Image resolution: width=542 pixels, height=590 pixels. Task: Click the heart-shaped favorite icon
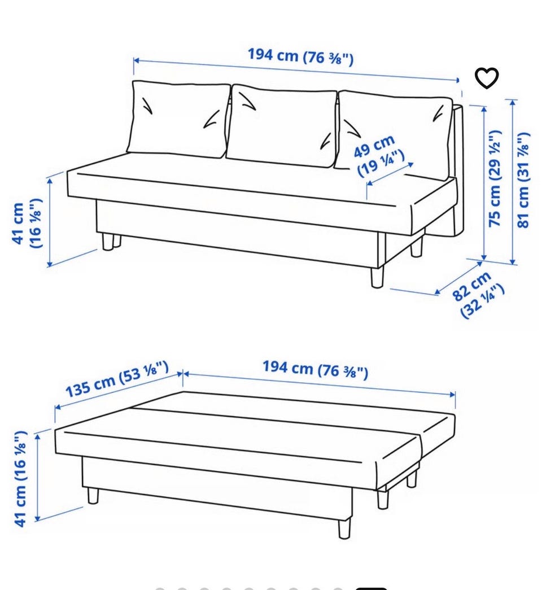pyautogui.click(x=486, y=78)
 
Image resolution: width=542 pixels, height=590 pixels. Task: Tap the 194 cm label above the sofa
pyautogui.click(x=301, y=56)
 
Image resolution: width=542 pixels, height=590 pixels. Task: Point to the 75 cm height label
pyautogui.click(x=495, y=178)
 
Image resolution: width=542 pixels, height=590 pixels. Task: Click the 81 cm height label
pyautogui.click(x=523, y=180)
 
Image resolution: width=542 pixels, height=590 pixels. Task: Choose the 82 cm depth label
pyautogui.click(x=478, y=295)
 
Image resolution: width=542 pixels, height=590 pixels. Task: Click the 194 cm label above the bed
pyautogui.click(x=316, y=369)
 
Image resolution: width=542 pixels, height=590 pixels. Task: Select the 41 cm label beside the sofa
pyautogui.click(x=27, y=223)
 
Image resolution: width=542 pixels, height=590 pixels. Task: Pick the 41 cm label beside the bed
pyautogui.click(x=20, y=479)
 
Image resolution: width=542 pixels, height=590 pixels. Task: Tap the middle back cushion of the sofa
pyautogui.click(x=281, y=125)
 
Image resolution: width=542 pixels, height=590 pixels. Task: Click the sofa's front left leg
pyautogui.click(x=108, y=242)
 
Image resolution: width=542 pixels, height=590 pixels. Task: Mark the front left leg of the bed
pyautogui.click(x=93, y=496)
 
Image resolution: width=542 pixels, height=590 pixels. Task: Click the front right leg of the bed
pyautogui.click(x=344, y=528)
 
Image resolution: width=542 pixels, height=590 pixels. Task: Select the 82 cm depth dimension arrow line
pyautogui.click(x=458, y=278)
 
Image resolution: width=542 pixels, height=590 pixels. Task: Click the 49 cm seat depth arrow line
pyautogui.click(x=390, y=174)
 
